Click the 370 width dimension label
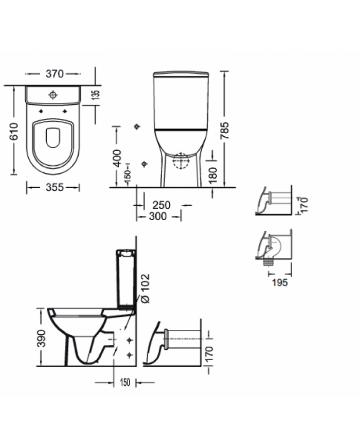coord(54,74)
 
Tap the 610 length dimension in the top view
coord(14,131)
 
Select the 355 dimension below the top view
coord(55,187)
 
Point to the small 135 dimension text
coord(97,94)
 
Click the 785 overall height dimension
coord(225,131)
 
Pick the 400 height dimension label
coord(117,157)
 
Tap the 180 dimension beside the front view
coord(212,175)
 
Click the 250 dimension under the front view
coord(161,205)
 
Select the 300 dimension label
coord(157,217)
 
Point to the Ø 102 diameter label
coord(146,289)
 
